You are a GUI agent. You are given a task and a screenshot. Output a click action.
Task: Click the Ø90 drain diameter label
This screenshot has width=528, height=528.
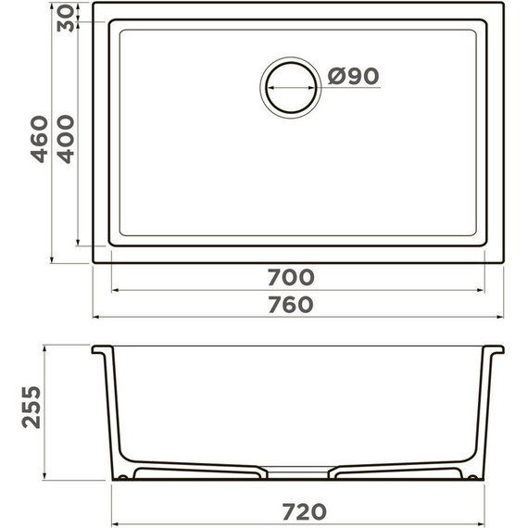click(353, 76)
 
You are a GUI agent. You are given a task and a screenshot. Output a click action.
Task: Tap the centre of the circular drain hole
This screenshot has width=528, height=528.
click(291, 88)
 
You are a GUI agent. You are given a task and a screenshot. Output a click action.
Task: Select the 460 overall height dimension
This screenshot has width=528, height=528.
click(39, 139)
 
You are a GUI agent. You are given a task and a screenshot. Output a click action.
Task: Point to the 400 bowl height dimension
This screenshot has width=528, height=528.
click(66, 139)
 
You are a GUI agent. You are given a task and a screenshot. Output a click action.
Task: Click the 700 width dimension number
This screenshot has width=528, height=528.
click(291, 278)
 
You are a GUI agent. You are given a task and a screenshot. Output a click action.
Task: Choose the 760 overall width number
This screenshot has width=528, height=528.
click(291, 305)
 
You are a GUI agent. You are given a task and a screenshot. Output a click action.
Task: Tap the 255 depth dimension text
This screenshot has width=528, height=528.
click(31, 407)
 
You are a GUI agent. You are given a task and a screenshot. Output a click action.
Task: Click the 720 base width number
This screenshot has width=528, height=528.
click(304, 512)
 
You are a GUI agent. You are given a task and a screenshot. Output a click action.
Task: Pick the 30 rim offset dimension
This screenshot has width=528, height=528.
click(66, 19)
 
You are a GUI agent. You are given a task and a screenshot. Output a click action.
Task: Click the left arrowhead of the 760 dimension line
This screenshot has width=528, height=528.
click(95, 317)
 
